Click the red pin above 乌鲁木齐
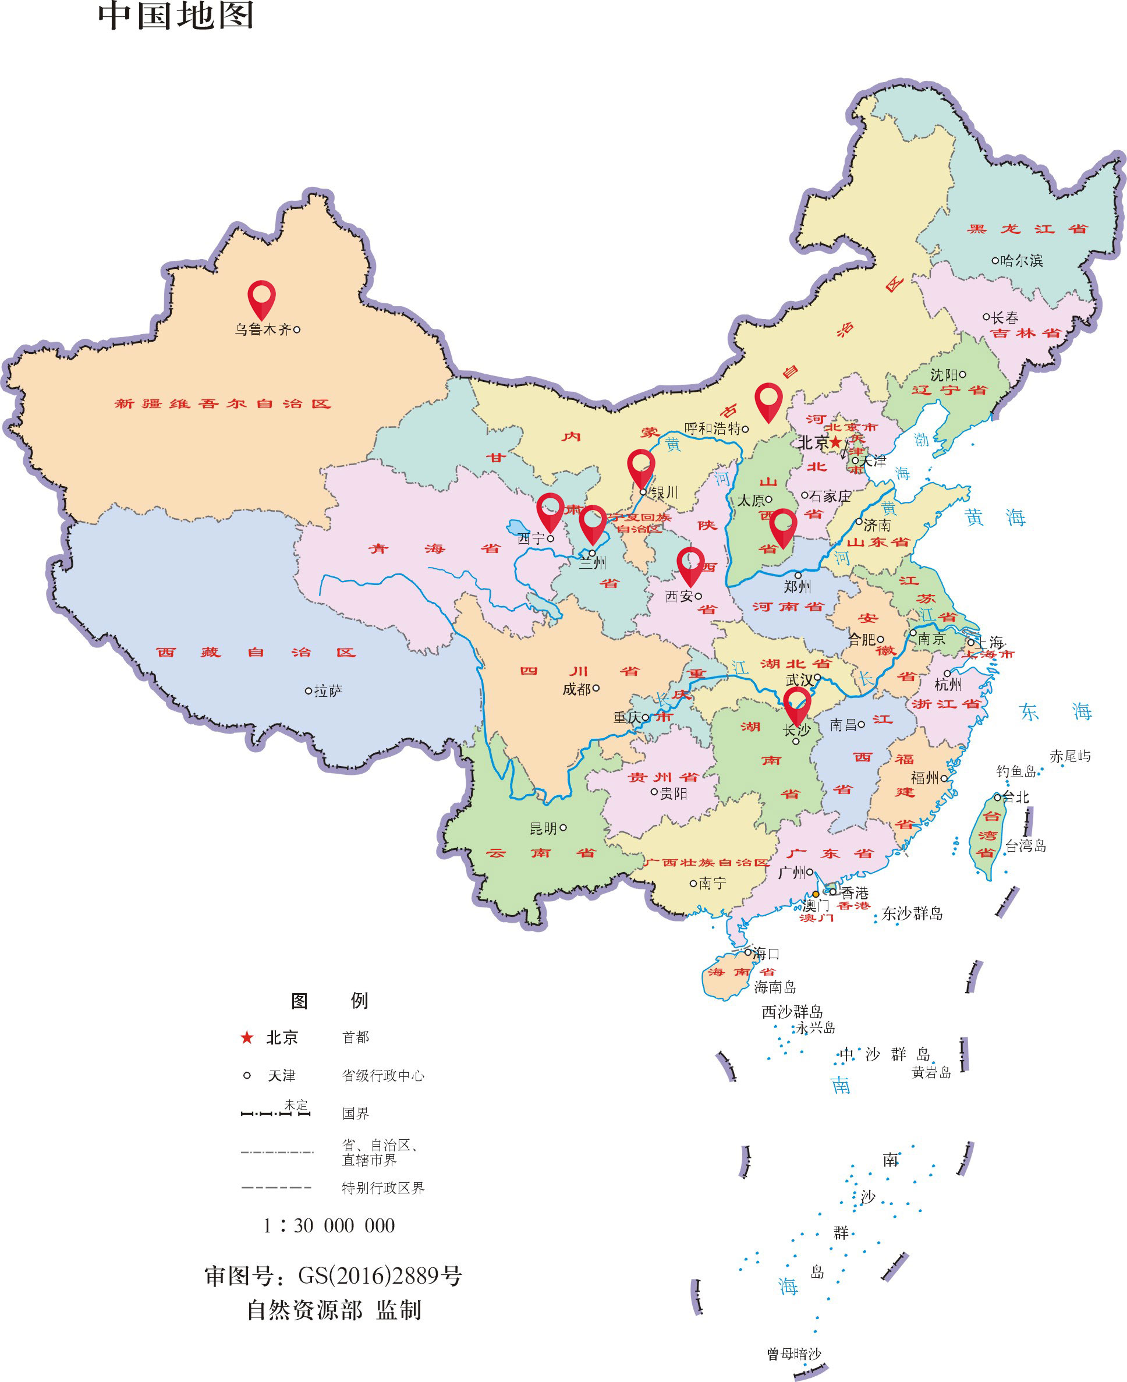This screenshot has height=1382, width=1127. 261,297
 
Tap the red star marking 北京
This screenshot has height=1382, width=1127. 836,442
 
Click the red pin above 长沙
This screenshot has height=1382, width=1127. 796,704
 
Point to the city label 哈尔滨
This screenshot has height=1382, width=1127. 1022,260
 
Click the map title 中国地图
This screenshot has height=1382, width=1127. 176,16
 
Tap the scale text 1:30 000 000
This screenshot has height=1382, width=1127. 329,1225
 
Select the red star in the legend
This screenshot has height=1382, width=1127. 247,1038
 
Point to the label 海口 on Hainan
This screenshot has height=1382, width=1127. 766,954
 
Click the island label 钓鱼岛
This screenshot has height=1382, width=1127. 1016,771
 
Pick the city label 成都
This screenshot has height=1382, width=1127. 576,689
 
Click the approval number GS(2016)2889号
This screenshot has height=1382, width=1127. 380,1276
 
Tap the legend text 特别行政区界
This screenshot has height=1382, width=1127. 383,1188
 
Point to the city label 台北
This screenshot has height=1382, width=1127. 1016,797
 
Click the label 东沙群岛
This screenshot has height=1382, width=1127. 912,914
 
